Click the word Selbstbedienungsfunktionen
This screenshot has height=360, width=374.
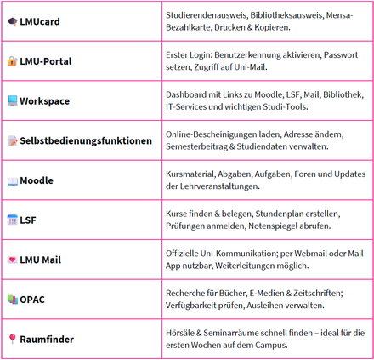coord(86,141)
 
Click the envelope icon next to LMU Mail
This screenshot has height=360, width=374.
coord(12,260)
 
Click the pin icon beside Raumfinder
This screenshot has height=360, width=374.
coord(12,339)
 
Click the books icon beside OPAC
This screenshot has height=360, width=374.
coord(12,300)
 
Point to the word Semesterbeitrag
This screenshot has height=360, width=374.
coord(205,147)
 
